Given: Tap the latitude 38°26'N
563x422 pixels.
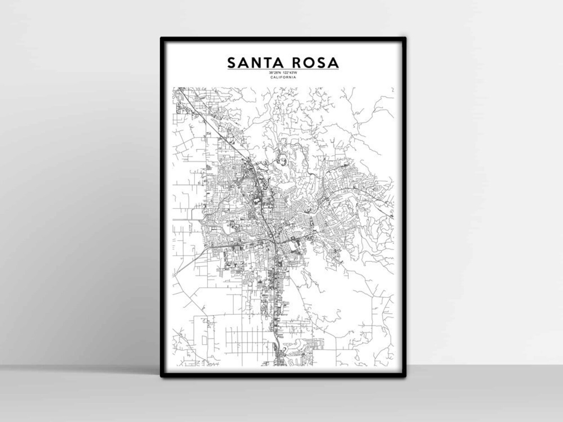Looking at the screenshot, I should point(274,73).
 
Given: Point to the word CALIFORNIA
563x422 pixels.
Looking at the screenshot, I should point(283,77).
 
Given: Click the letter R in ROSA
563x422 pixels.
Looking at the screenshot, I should point(298,63).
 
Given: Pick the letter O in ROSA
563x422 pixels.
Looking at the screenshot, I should point(310,63).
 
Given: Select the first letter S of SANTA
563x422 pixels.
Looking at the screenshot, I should point(232,63).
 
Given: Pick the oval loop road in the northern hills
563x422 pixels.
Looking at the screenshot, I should point(284,162).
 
